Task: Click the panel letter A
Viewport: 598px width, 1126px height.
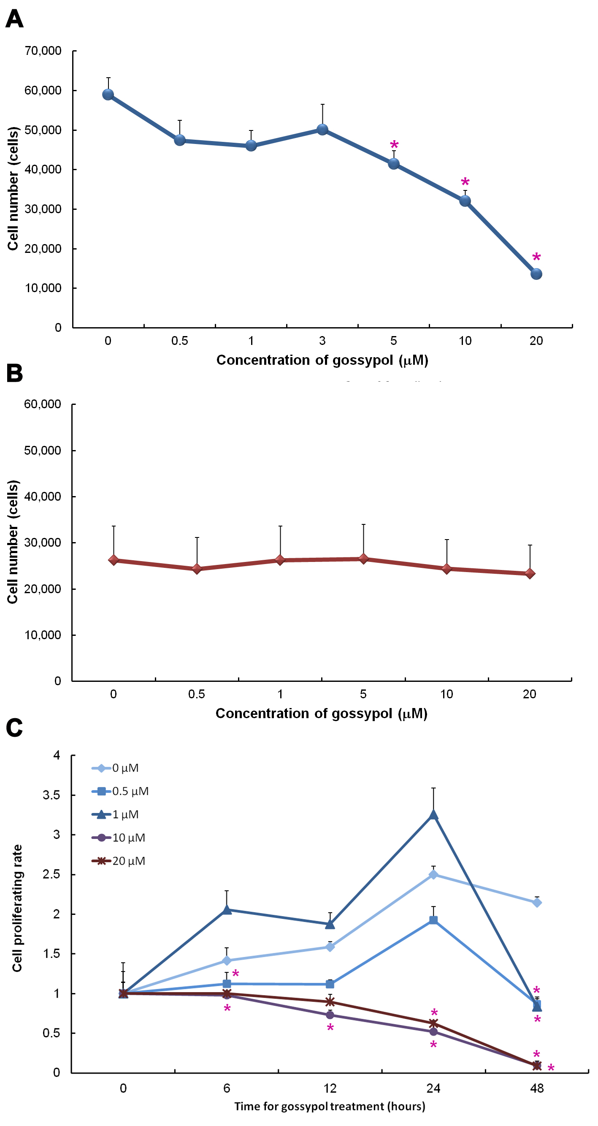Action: (14, 19)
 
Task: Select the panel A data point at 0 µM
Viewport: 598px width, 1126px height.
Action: (108, 95)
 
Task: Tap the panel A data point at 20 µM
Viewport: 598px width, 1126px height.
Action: (536, 274)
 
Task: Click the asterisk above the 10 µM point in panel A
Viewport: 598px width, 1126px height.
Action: (465, 182)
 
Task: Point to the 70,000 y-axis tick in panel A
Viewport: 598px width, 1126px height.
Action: (43, 51)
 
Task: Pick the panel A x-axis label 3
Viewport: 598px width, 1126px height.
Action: (322, 341)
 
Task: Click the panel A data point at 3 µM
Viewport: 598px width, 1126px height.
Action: (322, 129)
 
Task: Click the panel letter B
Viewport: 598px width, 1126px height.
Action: (14, 373)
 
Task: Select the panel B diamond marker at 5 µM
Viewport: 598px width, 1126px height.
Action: (363, 559)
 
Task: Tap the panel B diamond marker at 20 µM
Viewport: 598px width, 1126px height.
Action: (530, 573)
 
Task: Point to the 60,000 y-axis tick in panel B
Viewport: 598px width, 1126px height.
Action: (42, 404)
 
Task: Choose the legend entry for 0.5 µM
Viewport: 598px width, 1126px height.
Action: (130, 791)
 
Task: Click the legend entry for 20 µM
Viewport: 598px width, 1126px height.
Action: (128, 861)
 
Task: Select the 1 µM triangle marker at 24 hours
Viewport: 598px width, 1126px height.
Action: (433, 815)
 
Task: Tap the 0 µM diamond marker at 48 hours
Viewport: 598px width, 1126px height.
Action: (537, 903)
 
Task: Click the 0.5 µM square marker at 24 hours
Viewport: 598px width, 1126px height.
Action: (433, 920)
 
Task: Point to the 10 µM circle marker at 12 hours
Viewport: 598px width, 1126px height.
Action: (330, 1015)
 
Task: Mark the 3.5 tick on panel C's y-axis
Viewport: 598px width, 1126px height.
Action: (51, 795)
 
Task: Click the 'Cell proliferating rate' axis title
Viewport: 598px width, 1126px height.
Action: (17, 908)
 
